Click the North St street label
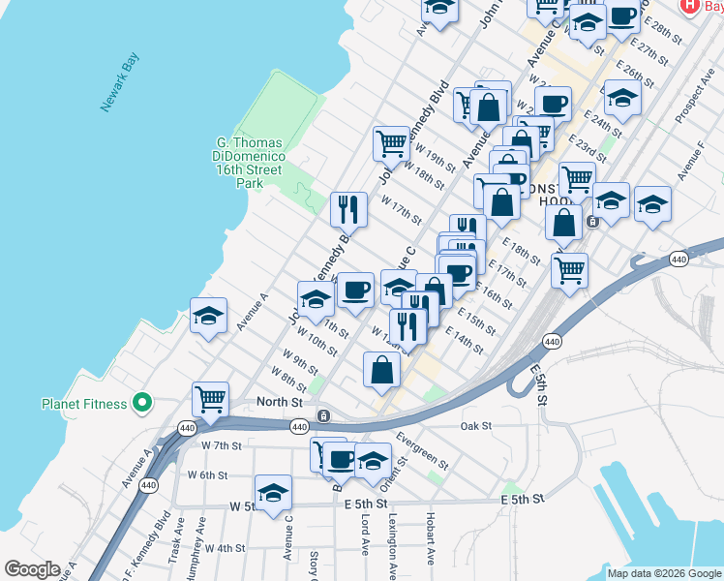[280, 401]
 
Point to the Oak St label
[476, 425]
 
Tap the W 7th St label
[221, 444]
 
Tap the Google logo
[32, 569]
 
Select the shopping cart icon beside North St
[210, 397]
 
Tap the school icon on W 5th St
[273, 492]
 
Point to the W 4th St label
[225, 548]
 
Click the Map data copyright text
[663, 573]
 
